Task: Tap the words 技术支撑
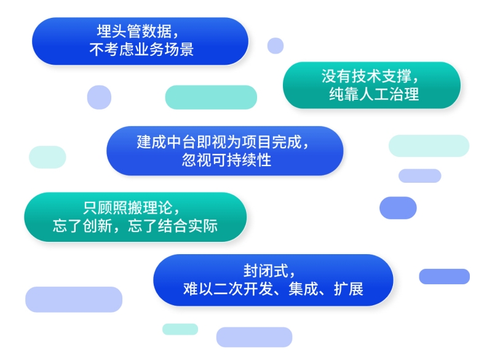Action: pos(374,76)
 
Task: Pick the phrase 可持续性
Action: pos(240,161)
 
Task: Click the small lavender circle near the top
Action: pos(275,46)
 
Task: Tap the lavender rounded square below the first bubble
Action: pos(98,97)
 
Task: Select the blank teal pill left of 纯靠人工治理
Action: pos(211,97)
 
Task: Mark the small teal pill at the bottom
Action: pos(180,329)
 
